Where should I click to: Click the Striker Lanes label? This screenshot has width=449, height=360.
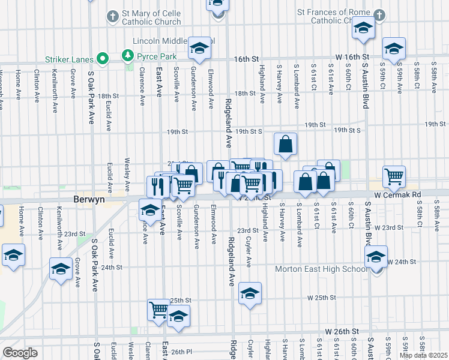pos(69,59)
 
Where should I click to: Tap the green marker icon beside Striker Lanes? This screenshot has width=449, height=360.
pos(103,59)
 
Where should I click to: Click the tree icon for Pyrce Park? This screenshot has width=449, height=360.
pos(127,56)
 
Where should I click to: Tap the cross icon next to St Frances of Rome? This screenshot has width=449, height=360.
pos(378,14)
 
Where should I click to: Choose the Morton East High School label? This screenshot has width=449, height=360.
pos(321,269)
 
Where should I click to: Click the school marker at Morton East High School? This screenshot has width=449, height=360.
pos(376,257)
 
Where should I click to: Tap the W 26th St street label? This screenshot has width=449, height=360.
pos(342,331)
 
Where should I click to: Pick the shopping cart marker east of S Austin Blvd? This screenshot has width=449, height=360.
pos(394,176)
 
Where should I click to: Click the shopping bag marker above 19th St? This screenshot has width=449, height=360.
pos(285,143)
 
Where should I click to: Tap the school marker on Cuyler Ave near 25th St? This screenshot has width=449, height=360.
pos(250,293)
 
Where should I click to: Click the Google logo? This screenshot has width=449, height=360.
pos(20,353)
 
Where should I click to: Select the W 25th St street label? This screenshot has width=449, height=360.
pos(321,298)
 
